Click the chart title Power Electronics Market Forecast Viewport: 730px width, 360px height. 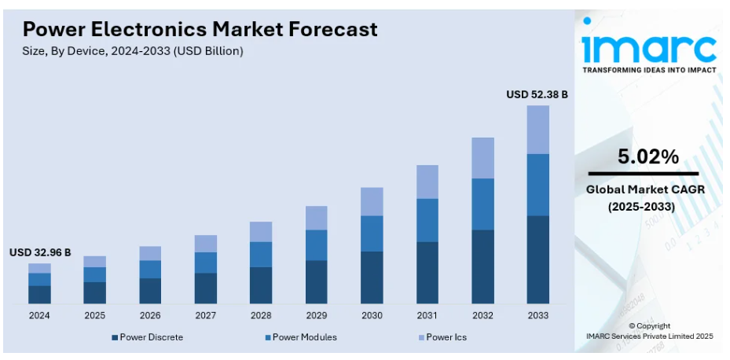(x=200, y=29)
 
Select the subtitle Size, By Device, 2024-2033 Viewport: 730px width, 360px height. (x=133, y=51)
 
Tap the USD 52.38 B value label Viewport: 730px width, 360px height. (x=537, y=94)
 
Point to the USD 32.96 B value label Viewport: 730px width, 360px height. (x=40, y=252)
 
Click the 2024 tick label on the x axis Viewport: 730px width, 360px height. (x=39, y=315)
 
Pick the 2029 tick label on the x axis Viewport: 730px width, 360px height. (x=316, y=315)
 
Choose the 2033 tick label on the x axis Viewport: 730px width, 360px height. (x=537, y=315)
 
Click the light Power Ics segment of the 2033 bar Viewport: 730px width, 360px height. (x=537, y=130)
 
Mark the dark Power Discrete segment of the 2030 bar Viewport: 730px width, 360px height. (x=372, y=277)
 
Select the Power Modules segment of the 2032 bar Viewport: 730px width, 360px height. (x=482, y=204)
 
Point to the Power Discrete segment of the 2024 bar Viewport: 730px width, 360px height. (x=39, y=295)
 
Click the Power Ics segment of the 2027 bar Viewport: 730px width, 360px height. (x=206, y=244)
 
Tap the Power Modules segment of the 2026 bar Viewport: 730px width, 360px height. (x=150, y=270)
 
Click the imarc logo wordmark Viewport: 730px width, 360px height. (x=649, y=49)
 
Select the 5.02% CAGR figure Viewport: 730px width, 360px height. (x=648, y=156)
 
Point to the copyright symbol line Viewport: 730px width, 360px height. (x=649, y=325)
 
